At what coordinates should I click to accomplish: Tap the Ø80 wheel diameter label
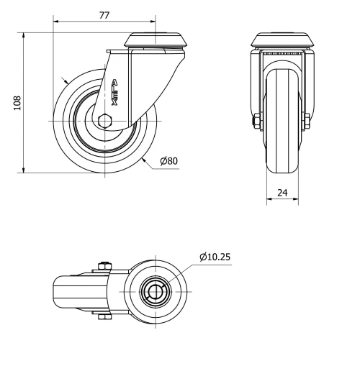tap(168, 160)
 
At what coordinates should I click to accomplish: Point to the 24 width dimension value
tap(282, 193)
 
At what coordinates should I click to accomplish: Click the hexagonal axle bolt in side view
tap(105, 120)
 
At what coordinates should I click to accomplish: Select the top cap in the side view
tap(153, 40)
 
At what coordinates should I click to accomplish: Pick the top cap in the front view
tap(282, 40)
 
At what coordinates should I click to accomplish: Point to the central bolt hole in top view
tap(156, 290)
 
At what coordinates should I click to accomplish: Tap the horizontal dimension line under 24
tap(282, 201)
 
